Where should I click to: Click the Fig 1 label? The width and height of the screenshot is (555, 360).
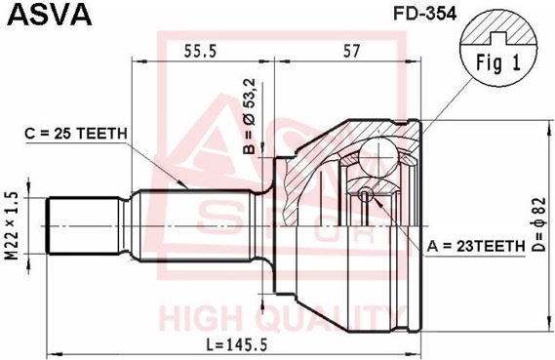click(498, 66)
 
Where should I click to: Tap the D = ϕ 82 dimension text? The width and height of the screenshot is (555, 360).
click(538, 225)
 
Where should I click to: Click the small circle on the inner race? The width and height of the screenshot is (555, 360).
click(365, 195)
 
